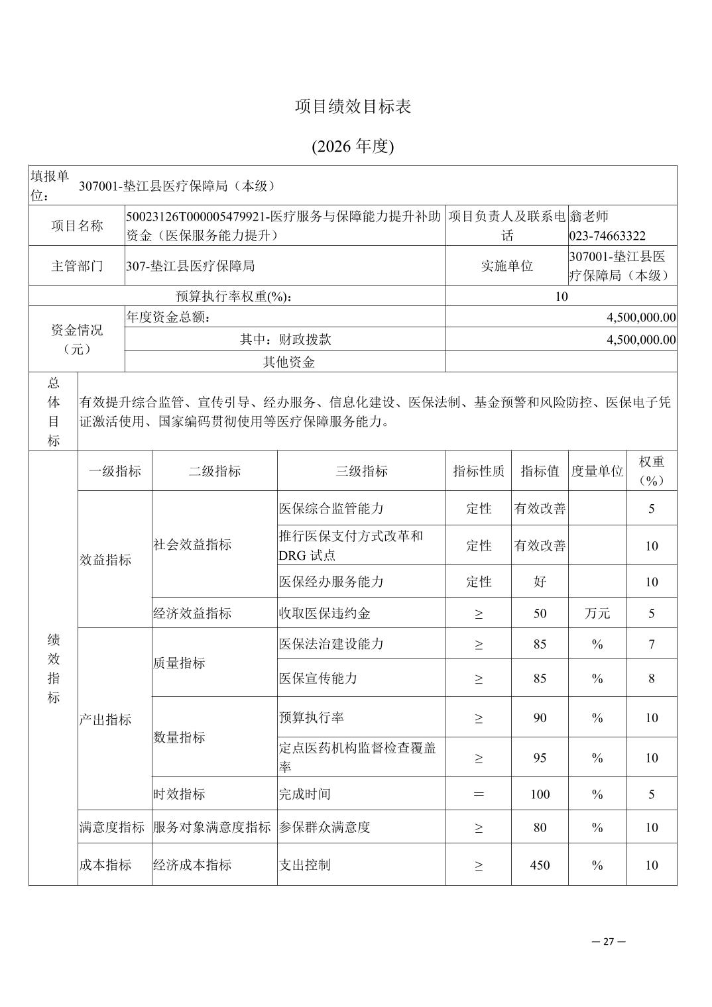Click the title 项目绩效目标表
[353, 107]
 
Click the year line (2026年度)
[353, 146]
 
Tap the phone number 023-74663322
[607, 236]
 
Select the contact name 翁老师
[589, 216]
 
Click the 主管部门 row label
[77, 266]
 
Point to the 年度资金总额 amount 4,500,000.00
[641, 317]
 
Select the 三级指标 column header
[361, 471]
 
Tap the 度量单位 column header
[597, 471]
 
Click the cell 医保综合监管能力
[331, 509]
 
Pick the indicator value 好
[540, 582]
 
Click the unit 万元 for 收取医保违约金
[597, 613]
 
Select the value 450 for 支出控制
[540, 865]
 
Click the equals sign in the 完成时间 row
[479, 794]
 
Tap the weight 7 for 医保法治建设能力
[652, 644]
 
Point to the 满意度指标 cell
[111, 827]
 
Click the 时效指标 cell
[179, 794]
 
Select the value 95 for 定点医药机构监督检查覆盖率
[540, 758]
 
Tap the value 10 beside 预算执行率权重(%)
[561, 296]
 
